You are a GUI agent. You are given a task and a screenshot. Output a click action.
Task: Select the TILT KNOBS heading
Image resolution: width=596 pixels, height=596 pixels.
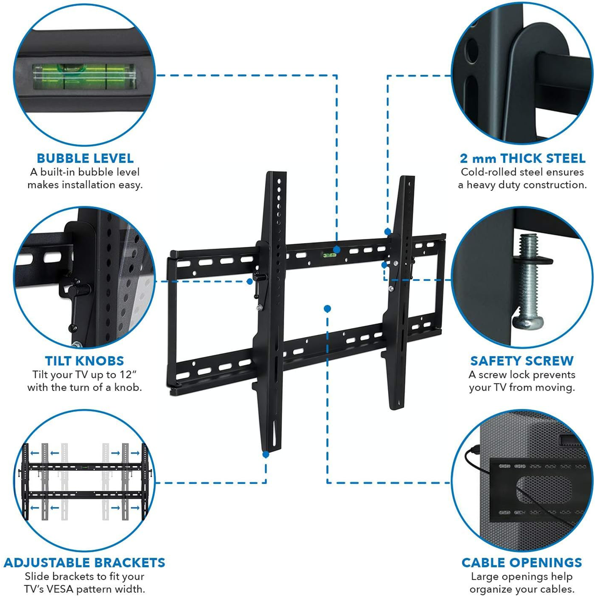click(x=84, y=361)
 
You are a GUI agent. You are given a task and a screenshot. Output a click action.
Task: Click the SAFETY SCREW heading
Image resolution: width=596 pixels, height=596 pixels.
click(x=522, y=361)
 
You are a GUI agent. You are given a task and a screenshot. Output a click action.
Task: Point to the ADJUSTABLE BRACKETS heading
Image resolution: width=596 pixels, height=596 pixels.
click(x=84, y=563)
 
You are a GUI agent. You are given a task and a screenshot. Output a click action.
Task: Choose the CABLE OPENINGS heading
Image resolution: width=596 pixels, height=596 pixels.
click(x=522, y=563)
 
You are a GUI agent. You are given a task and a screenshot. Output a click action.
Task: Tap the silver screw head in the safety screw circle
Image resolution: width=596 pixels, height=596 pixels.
click(x=527, y=324)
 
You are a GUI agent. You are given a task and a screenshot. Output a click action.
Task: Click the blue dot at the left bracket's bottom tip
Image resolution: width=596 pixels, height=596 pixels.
click(x=266, y=454)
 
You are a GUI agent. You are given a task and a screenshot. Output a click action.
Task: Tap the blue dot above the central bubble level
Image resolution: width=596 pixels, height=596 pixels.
click(x=337, y=249)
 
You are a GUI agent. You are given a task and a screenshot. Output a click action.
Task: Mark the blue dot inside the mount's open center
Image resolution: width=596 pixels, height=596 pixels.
click(x=328, y=308)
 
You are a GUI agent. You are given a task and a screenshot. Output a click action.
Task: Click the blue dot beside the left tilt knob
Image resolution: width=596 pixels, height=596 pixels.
click(x=250, y=281)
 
